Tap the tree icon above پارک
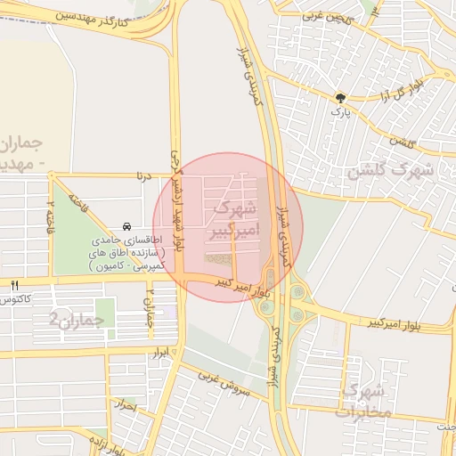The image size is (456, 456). [339, 98]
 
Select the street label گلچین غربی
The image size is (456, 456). [327, 15]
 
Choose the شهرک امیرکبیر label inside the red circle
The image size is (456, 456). [230, 221]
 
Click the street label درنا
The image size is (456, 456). [145, 176]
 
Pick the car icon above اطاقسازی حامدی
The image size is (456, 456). [128, 226]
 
